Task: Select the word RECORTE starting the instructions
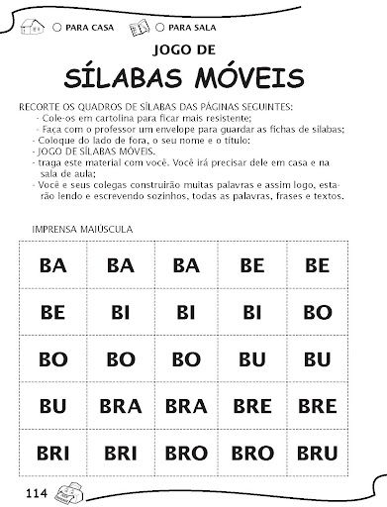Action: tap(43, 106)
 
